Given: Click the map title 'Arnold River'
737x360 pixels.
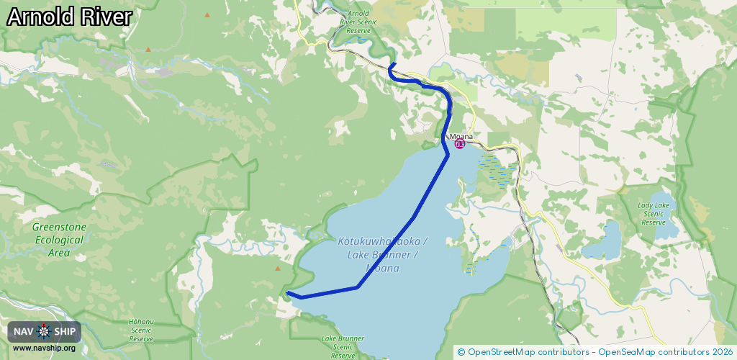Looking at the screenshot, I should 69,17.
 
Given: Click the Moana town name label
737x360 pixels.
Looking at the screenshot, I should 461,136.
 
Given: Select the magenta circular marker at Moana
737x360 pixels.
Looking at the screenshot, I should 460,144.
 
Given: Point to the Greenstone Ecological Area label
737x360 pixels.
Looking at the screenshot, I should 59,240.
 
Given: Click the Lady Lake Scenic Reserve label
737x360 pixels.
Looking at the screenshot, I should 654,214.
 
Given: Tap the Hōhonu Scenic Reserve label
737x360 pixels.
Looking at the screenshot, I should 141,330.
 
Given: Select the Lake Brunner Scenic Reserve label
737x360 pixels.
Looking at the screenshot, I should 343,346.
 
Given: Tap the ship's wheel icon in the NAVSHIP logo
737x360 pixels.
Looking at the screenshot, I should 44,331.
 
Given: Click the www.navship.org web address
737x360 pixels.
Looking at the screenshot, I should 44,348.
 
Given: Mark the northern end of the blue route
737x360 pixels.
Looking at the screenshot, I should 394,64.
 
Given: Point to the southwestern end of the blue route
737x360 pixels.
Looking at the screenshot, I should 287,292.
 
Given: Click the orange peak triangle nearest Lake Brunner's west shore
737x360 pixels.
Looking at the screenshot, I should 278,269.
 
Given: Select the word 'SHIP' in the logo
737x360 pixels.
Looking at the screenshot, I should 65,331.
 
